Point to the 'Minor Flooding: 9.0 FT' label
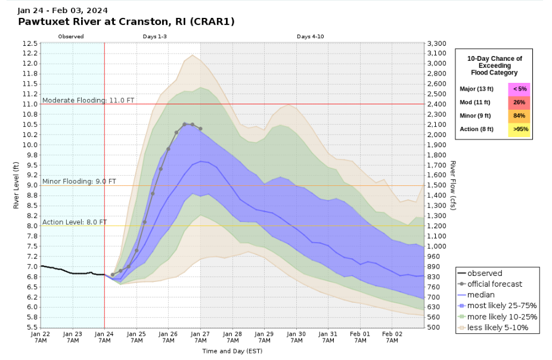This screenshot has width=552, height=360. pyautogui.click(x=79, y=181)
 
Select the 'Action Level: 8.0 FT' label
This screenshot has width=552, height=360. pyautogui.click(x=75, y=222)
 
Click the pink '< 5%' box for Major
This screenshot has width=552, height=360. pyautogui.click(x=519, y=89)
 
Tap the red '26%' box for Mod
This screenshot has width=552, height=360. pyautogui.click(x=519, y=103)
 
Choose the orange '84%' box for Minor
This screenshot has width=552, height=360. pyautogui.click(x=519, y=116)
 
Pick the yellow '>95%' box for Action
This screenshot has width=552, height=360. pyautogui.click(x=519, y=129)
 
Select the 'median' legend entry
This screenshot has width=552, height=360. pyautogui.click(x=481, y=294)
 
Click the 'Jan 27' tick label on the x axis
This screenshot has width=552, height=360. pyautogui.click(x=200, y=334)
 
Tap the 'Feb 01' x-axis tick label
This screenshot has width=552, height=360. pyautogui.click(x=359, y=334)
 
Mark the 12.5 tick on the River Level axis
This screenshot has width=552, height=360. pyautogui.click(x=30, y=44)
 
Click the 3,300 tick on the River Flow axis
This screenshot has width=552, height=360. pyautogui.click(x=438, y=44)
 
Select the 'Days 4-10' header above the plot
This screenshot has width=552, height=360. pyautogui.click(x=310, y=36)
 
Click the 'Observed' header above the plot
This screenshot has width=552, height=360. pyautogui.click(x=71, y=36)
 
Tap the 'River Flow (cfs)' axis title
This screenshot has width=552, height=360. pyautogui.click(x=453, y=185)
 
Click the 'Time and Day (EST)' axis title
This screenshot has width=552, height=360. pyautogui.click(x=231, y=352)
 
